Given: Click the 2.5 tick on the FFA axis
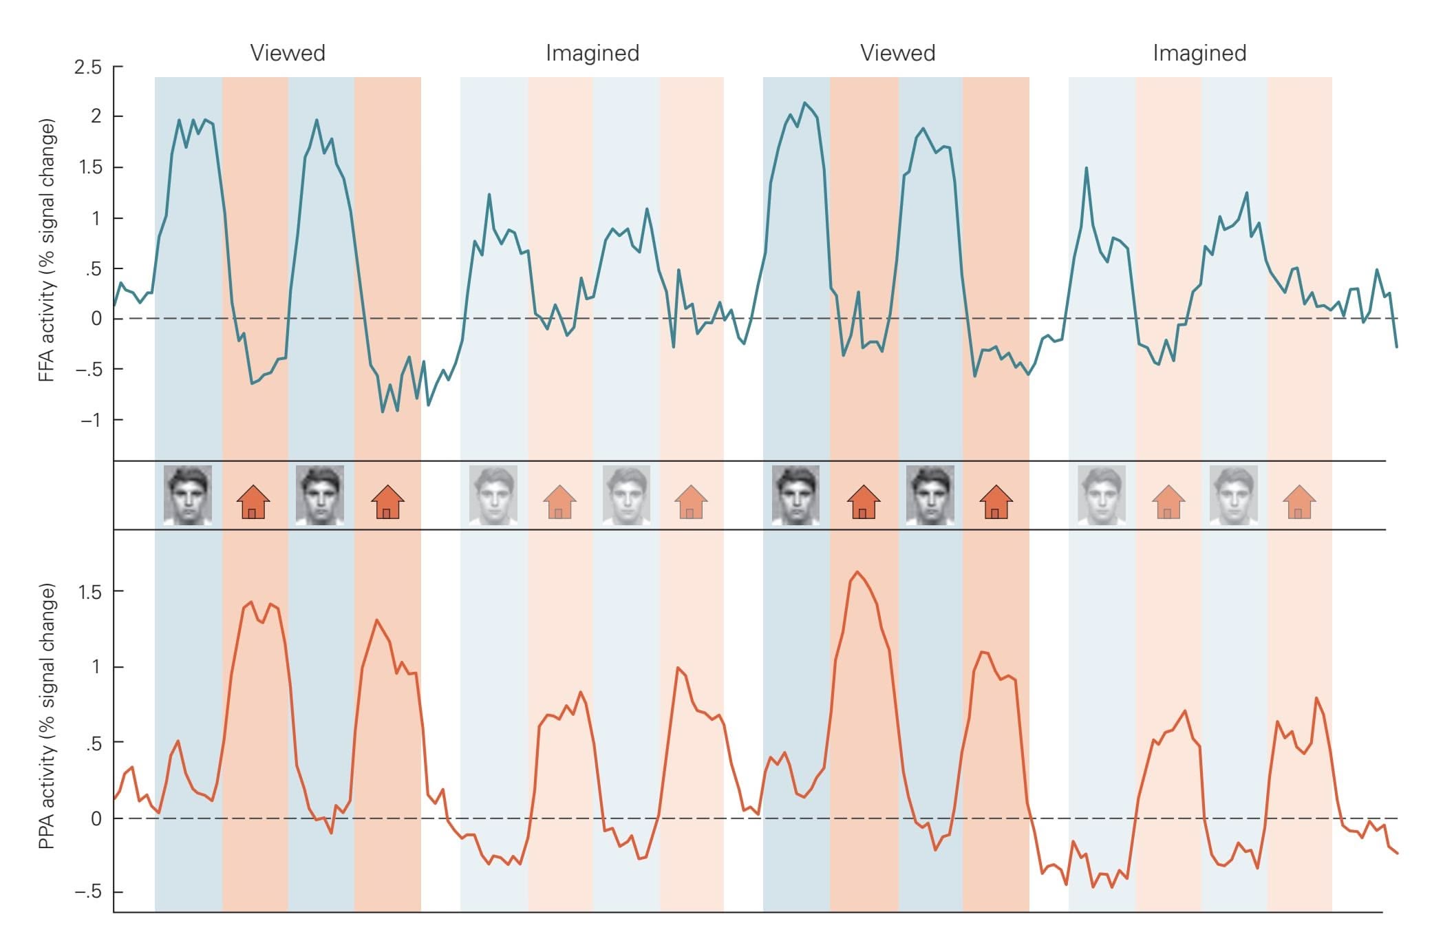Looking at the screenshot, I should coord(88,67).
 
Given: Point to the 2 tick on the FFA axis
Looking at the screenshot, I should coord(96,116).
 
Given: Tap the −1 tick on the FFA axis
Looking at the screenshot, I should coord(91,420).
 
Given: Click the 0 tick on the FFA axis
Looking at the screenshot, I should coord(96,319).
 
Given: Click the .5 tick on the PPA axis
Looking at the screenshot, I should coord(93,743).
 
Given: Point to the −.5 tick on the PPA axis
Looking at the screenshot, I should coord(87,892).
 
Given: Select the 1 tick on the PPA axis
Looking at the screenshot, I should coord(96,667).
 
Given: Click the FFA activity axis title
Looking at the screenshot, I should coord(46,251).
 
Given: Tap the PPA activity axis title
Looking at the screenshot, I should coord(46,716).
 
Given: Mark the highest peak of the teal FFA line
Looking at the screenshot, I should coord(804,103).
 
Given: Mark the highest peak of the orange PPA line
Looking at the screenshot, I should coord(857,572).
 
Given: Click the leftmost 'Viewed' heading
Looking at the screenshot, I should coord(288,53).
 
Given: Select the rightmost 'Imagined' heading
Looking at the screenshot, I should coord(1199,53).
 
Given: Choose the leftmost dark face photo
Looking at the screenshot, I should coord(187,495).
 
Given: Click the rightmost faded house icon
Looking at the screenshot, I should coord(1299,502).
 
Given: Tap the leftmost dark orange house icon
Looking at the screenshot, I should coord(253,501).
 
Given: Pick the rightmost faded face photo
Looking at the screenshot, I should coord(1233,495).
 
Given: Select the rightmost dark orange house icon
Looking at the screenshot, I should coord(996,501).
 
